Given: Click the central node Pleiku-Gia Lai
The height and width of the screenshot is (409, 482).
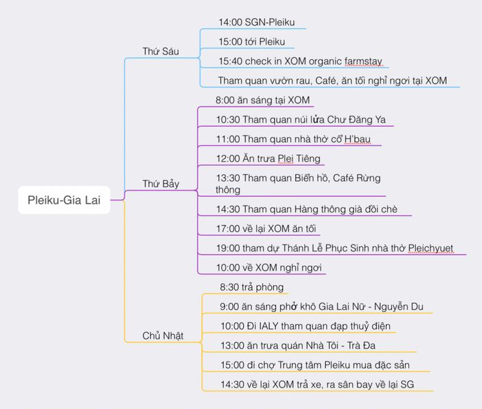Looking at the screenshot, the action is click(x=64, y=200).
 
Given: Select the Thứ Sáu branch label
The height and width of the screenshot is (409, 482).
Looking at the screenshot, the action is click(x=160, y=51).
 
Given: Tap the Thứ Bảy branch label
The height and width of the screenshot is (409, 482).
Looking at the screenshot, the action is click(x=160, y=184).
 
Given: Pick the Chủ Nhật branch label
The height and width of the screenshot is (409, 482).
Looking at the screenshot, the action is click(x=163, y=335).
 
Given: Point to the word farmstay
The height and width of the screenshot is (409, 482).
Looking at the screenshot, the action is click(x=364, y=61).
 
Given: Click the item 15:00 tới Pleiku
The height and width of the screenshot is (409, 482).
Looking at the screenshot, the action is click(x=252, y=41).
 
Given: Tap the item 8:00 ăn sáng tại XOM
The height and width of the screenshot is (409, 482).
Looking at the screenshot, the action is click(x=262, y=100).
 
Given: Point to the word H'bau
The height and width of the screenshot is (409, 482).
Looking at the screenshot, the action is click(x=357, y=139).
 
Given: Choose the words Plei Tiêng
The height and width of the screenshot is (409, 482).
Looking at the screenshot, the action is click(x=299, y=158).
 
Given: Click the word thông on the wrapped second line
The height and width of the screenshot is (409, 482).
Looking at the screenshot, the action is click(x=228, y=190).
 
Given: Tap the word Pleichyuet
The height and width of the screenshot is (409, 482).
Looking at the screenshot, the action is click(x=430, y=249).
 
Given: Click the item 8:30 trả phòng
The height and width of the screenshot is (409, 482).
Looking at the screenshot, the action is click(x=251, y=287).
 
